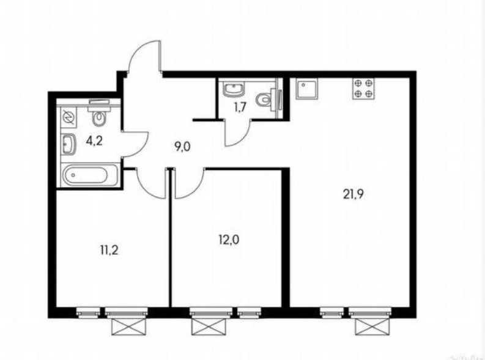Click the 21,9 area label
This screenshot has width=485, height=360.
coord(354,194)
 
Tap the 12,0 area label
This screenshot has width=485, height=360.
coord(229,240)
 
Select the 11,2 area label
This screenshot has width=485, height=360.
coord(109,250)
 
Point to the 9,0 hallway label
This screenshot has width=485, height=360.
coord(182,147)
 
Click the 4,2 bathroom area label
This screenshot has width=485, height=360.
coord(94,141)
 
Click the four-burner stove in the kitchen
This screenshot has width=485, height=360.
coord(363,89)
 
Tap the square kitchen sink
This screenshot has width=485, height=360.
coord(306,89)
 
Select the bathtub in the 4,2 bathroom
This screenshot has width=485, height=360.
coord(90,175)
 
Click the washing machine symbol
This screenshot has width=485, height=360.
coord(68,118)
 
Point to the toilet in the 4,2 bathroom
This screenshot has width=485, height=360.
coord(99,113)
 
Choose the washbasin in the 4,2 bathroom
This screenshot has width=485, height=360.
coord(68,144)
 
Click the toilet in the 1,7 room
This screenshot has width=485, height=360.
coord(268,100)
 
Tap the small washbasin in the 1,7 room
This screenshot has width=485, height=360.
coord(234,89)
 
